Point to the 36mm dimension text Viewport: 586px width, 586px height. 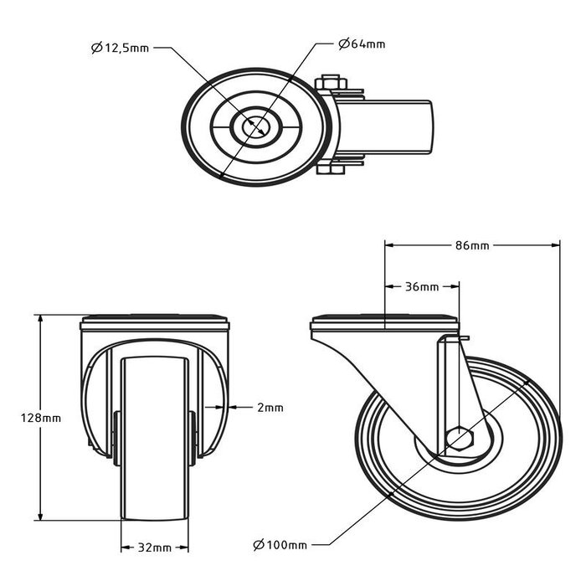coord(421,286)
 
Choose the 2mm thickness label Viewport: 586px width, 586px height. coord(270,408)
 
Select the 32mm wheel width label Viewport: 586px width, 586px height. coord(154,547)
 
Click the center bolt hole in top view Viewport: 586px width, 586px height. coord(256,127)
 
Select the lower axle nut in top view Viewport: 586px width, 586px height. coord(330,172)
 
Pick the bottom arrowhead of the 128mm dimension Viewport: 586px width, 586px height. coord(40,516)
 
